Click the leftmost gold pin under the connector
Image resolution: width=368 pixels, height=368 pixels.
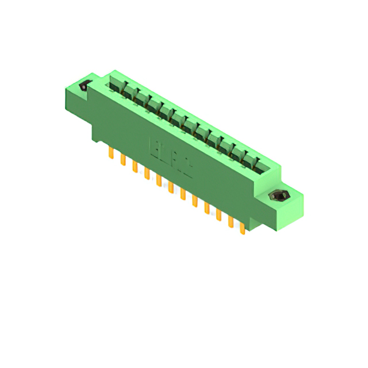[x=110, y=153]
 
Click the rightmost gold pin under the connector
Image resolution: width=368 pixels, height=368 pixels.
[x=242, y=228]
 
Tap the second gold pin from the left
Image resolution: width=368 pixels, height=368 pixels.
[x=122, y=160]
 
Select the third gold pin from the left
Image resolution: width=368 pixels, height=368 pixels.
[x=135, y=167]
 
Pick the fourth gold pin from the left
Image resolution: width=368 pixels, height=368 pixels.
[x=147, y=174]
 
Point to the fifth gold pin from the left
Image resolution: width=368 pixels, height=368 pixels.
[x=159, y=181]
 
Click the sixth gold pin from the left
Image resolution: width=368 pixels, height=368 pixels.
[x=171, y=187]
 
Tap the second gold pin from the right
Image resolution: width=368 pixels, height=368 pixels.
[x=231, y=221]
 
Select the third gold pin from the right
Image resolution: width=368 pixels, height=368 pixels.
[x=218, y=214]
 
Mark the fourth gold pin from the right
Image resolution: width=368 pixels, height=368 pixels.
[x=206, y=208]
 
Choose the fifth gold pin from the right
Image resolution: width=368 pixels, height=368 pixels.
[x=194, y=201]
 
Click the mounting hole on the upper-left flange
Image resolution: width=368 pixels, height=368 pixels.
[x=84, y=87]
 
